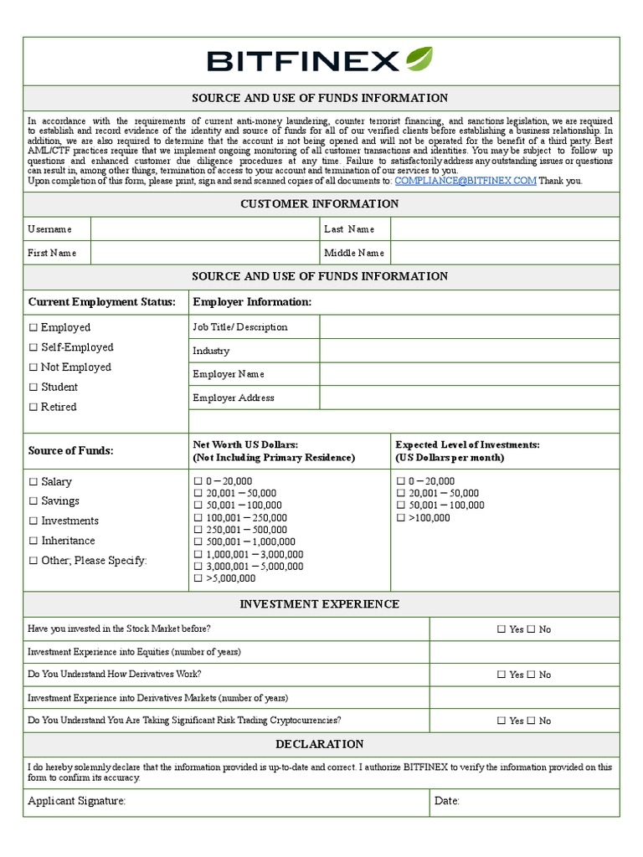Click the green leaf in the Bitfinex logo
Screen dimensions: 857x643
click(419, 59)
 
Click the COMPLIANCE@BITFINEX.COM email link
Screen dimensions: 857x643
click(466, 181)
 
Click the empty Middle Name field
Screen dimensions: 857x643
click(505, 253)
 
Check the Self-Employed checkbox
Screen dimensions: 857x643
click(33, 347)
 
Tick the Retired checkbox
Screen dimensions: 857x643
click(33, 408)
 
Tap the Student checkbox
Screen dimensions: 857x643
click(33, 387)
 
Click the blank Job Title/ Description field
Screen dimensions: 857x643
click(469, 327)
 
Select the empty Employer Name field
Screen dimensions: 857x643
click(469, 374)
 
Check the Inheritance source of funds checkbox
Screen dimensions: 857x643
click(33, 541)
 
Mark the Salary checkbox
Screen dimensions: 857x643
click(33, 482)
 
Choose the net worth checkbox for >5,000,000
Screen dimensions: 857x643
click(198, 578)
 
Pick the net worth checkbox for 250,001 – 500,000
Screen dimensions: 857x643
click(198, 530)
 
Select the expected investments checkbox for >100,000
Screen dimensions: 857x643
click(401, 518)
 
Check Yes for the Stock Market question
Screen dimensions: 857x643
click(501, 629)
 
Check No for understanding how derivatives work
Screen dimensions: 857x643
click(531, 675)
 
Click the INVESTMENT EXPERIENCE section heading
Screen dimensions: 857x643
click(320, 604)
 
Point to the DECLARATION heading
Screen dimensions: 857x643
click(320, 744)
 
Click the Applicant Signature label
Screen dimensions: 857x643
click(77, 802)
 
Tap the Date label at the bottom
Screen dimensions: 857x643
click(447, 802)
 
